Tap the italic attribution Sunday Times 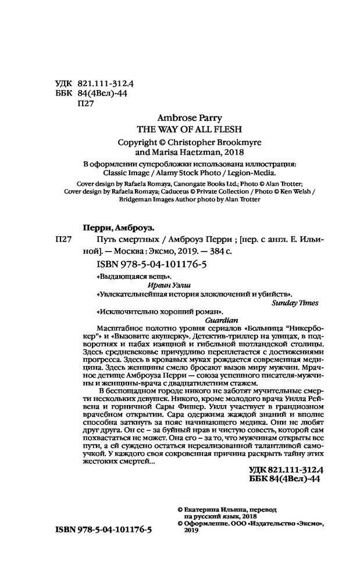pyautogui.click(x=294, y=303)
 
